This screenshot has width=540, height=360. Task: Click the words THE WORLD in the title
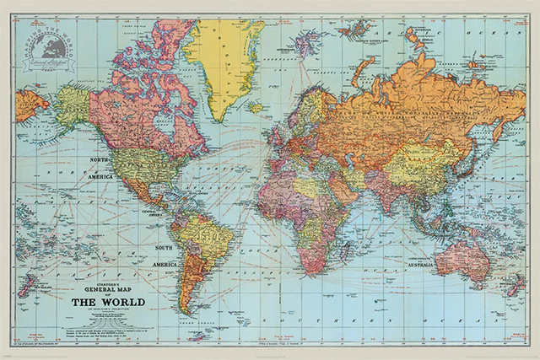(107, 301)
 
